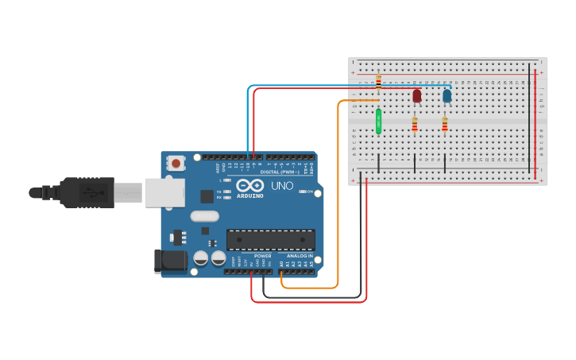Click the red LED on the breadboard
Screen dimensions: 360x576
click(417, 96)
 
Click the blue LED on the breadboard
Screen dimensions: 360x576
click(447, 96)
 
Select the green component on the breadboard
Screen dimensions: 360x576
click(379, 121)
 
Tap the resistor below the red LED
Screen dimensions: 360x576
click(415, 124)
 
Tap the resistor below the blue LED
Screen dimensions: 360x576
click(445, 124)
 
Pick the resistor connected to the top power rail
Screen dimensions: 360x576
click(378, 82)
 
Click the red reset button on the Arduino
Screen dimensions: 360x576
click(176, 163)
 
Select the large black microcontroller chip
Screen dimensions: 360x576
click(270, 239)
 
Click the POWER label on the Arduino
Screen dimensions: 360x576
click(263, 256)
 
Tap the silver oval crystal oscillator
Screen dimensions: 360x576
click(204, 215)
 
